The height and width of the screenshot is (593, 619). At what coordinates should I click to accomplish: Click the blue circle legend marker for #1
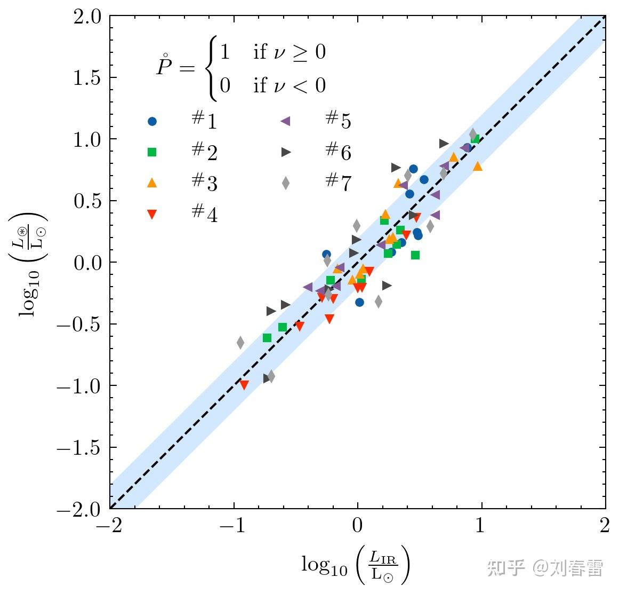pyautogui.click(x=152, y=122)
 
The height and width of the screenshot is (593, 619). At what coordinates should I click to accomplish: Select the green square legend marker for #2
pyautogui.click(x=152, y=152)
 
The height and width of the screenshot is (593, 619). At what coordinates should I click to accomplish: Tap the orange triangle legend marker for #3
pyautogui.click(x=152, y=183)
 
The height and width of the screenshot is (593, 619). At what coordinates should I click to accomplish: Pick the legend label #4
pyautogui.click(x=205, y=214)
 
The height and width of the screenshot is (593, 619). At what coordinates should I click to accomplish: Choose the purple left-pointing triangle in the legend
pyautogui.click(x=286, y=122)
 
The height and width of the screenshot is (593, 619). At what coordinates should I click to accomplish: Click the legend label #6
pyautogui.click(x=338, y=152)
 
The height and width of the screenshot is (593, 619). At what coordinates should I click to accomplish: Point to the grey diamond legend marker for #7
pyautogui.click(x=286, y=183)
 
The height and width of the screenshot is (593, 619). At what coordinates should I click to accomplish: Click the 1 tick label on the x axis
pyautogui.click(x=481, y=526)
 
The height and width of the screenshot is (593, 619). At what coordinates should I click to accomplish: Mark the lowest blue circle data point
pyautogui.click(x=359, y=302)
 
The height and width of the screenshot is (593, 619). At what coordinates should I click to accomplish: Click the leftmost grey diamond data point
pyautogui.click(x=240, y=342)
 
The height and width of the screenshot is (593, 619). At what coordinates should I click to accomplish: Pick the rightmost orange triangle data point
pyautogui.click(x=477, y=167)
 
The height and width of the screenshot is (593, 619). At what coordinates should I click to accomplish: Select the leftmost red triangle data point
pyautogui.click(x=244, y=385)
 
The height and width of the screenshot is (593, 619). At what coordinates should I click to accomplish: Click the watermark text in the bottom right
pyautogui.click(x=545, y=568)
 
